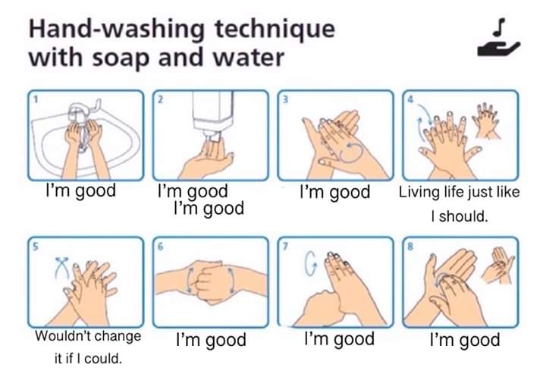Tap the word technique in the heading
pos(275,30)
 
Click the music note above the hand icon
pos(499,27)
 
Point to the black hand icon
pos(499,49)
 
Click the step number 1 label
pos(35,99)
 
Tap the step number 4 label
pos(410,99)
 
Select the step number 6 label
pos(160,247)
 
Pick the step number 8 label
pos(410,247)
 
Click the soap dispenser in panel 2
pos(213,115)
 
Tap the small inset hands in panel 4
pos(486,120)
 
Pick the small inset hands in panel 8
pos(497,264)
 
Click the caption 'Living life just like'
pos(459,192)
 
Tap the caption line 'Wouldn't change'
pos(88,336)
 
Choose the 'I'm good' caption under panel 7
pos(339,339)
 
